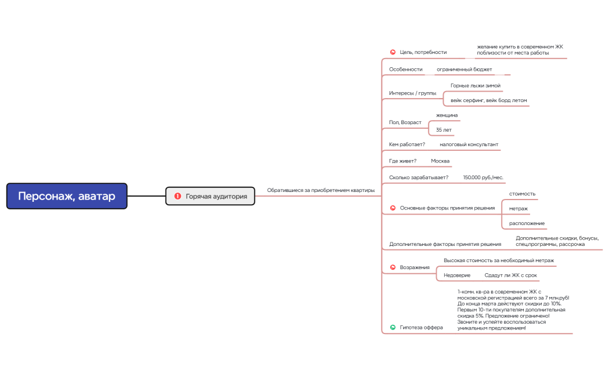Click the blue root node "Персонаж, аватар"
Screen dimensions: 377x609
tap(67, 196)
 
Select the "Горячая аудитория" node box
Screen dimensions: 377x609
tap(211, 197)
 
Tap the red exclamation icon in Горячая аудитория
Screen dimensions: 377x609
tap(177, 197)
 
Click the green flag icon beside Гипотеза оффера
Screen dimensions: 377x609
tap(393, 327)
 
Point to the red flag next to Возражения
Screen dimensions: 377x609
tap(393, 267)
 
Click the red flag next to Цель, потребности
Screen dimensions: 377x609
tap(393, 52)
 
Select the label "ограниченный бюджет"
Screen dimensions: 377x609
tap(464, 70)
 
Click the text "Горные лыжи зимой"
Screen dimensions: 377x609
tap(475, 86)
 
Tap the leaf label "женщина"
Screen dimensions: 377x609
tap(447, 115)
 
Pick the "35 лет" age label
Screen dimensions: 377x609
tap(444, 130)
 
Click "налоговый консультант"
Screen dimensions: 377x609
tap(469, 144)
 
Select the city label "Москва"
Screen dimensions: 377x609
tap(440, 161)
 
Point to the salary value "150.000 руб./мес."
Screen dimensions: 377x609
tap(484, 177)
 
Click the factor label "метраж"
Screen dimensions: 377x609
tap(519, 208)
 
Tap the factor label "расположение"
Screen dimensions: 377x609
tap(527, 223)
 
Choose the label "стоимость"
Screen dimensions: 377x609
tap(522, 193)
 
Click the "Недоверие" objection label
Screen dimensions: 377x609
tap(456, 275)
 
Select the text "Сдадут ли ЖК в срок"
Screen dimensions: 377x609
tap(510, 275)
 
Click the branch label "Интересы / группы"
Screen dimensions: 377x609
tap(412, 93)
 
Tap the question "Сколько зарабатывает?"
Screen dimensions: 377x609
tap(418, 177)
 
